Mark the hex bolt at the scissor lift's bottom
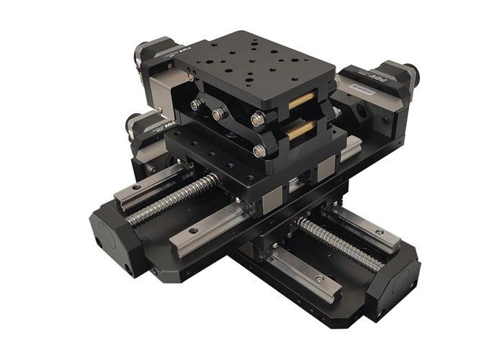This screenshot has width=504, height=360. [x=258, y=150]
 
